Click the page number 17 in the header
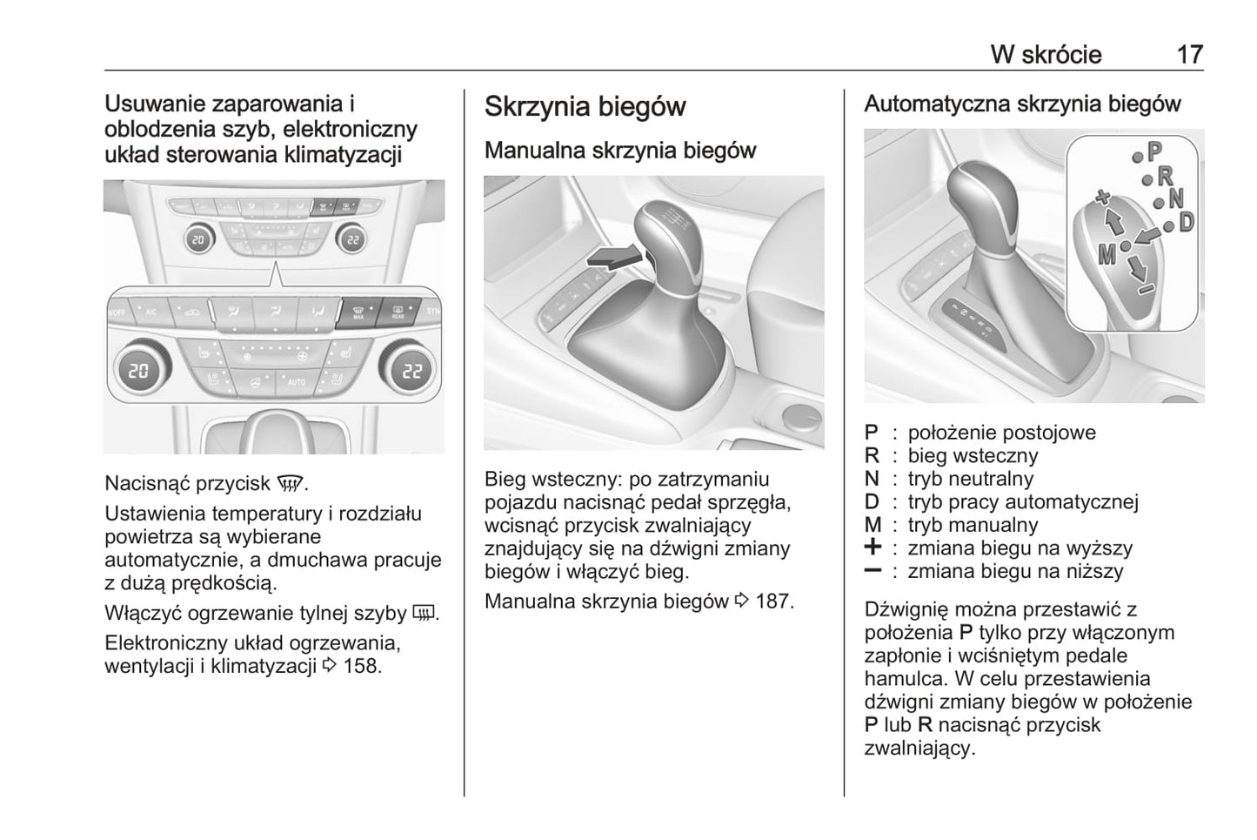click(1189, 55)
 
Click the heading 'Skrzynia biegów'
click(585, 107)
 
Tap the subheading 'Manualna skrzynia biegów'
click(619, 151)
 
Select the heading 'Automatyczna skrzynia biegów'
click(1022, 104)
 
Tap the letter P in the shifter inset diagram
click(1154, 152)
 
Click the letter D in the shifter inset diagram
click(1186, 222)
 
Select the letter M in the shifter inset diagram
click(1107, 254)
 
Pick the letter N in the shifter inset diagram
click(1176, 199)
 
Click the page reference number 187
click(774, 601)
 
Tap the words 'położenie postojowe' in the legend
click(1001, 433)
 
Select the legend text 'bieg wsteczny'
click(973, 456)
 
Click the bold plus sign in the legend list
click(873, 548)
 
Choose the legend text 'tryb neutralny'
click(970, 479)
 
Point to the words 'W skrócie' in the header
click(1046, 55)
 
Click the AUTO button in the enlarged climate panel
click(295, 382)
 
